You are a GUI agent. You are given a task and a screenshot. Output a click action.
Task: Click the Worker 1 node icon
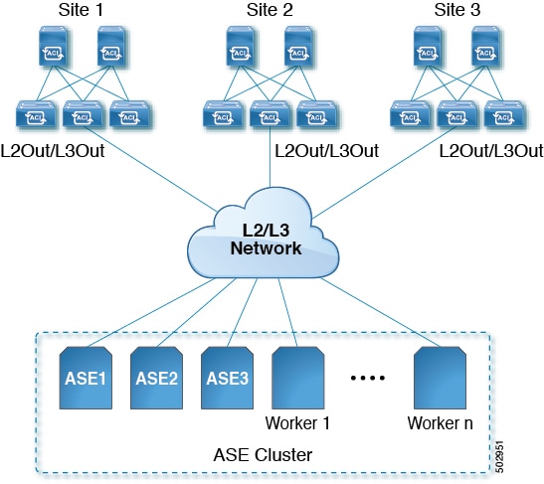tap(298, 377)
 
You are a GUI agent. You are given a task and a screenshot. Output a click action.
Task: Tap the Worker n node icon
tap(440, 377)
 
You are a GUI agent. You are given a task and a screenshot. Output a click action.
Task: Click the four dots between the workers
tap(369, 379)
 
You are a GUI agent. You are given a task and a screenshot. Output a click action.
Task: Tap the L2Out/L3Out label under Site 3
tap(491, 151)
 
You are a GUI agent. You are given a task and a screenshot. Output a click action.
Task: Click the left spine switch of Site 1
tap(56, 49)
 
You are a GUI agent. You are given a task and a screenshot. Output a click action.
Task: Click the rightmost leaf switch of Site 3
tap(503, 117)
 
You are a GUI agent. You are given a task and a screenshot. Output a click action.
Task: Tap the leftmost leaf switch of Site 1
tap(33, 117)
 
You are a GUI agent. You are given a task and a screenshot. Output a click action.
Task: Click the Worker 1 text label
tap(298, 422)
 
